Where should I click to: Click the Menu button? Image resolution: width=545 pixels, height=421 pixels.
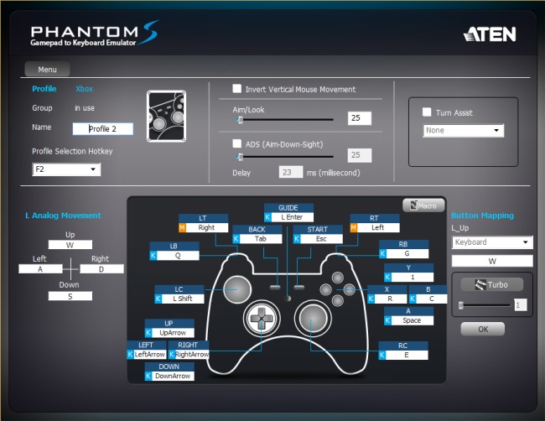tap(47, 70)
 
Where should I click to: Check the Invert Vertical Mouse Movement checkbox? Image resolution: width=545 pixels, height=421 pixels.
tap(238, 89)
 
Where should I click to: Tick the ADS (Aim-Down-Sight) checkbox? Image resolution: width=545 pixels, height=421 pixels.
tap(238, 143)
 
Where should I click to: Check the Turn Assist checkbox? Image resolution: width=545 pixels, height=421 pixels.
tap(428, 112)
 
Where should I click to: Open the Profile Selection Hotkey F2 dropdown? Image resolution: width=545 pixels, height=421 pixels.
tap(66, 169)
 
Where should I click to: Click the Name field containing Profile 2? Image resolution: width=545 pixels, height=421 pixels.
tap(102, 129)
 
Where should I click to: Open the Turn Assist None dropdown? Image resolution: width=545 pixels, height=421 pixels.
tap(464, 131)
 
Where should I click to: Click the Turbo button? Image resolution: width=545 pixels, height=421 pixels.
tap(492, 284)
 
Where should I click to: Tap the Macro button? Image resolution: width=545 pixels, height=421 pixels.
tap(423, 205)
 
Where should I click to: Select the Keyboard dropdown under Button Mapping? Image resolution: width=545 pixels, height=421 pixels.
tap(492, 242)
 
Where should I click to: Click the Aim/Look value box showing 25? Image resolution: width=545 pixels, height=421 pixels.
tap(360, 118)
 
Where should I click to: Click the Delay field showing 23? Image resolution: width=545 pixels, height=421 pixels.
tap(291, 172)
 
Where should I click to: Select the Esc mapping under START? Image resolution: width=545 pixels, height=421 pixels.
tap(322, 238)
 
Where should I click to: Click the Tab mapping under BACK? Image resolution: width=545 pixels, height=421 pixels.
tap(261, 238)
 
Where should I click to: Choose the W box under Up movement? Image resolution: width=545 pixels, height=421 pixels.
tap(70, 245)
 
